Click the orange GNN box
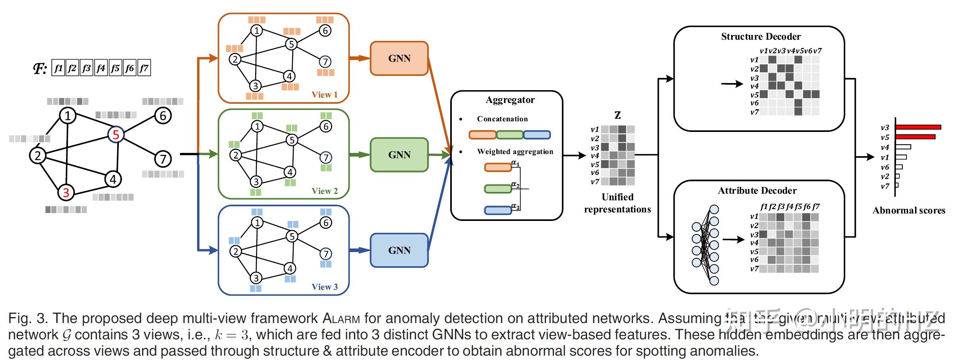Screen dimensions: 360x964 (x=399, y=58)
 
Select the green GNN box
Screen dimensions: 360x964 (x=399, y=155)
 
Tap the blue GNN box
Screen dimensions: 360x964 (x=399, y=250)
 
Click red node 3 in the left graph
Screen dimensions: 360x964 (x=66, y=193)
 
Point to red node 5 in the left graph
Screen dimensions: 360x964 (x=116, y=135)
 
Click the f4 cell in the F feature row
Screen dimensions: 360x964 (x=101, y=68)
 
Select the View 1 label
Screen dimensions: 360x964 (x=324, y=95)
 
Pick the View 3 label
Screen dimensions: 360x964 (x=324, y=287)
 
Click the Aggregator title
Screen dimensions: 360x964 (x=510, y=100)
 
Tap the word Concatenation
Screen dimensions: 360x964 (x=502, y=119)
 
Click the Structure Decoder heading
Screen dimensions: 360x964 (x=761, y=37)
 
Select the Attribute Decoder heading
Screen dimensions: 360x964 (x=757, y=191)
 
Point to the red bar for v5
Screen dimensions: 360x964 (x=915, y=137)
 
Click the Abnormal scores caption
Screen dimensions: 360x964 (x=908, y=211)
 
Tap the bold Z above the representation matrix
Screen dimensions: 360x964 (x=618, y=115)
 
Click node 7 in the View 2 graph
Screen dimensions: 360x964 (x=326, y=158)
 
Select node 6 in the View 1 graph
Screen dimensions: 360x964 (x=325, y=31)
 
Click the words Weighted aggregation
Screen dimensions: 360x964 (x=515, y=151)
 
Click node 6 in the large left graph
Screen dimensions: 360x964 (x=163, y=116)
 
